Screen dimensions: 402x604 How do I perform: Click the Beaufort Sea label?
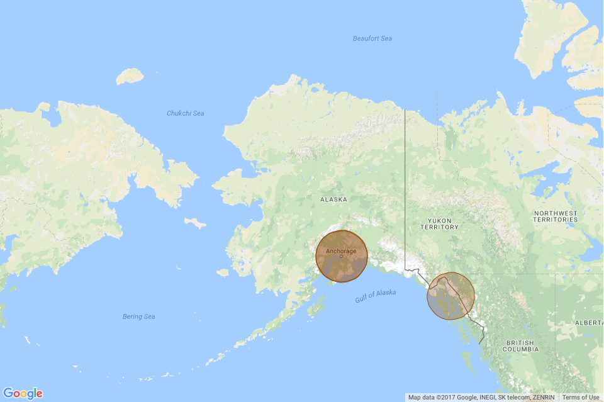coord(372,39)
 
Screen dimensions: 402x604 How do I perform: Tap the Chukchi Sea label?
coord(185,113)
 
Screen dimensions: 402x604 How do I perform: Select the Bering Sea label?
coord(138,316)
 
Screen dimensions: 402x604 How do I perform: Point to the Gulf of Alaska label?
coord(376,296)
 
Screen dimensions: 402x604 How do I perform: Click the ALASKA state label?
coord(333,199)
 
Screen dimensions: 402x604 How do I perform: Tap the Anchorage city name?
coord(341,251)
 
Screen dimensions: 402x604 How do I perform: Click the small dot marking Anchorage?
coord(341,257)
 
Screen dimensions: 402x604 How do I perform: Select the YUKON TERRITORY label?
coord(440,223)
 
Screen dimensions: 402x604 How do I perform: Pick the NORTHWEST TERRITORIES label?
coord(555,216)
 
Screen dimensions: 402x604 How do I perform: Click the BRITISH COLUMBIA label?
coord(520,345)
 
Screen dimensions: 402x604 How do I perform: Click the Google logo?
coord(23,394)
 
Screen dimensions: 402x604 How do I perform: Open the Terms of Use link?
coord(581,398)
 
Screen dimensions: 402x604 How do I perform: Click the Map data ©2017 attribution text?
coord(481,398)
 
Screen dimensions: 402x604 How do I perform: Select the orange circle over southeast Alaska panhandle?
coord(450,296)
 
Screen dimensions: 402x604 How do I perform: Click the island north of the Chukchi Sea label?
coord(130,76)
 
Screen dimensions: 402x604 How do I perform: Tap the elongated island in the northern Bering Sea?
coord(195,223)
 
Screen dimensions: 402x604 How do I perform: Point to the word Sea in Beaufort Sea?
coord(385,39)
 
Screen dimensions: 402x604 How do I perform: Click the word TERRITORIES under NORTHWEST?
coord(555,220)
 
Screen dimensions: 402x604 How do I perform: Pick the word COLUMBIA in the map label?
coord(520,349)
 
